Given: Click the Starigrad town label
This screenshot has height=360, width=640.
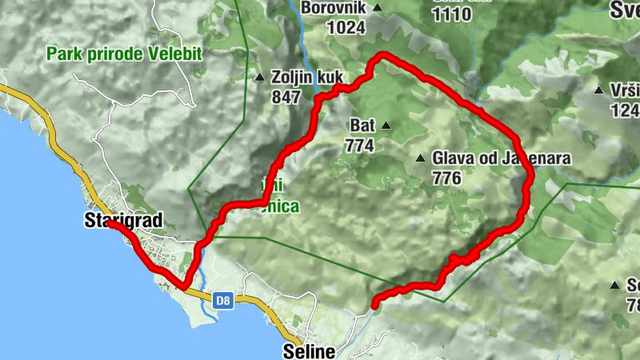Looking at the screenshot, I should [x=122, y=220].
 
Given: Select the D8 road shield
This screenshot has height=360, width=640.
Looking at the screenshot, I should [x=223, y=301].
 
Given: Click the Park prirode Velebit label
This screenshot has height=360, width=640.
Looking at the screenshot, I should [x=125, y=54].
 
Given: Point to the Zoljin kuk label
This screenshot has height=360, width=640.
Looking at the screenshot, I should [x=306, y=78].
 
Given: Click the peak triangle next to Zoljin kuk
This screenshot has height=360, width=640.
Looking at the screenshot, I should [x=259, y=78].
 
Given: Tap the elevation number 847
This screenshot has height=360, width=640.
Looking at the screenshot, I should [x=286, y=97].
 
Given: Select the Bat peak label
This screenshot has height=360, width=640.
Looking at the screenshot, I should [x=361, y=125].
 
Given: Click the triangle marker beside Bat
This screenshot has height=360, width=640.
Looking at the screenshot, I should [x=386, y=125].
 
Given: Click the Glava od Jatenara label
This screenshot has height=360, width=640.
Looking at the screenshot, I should [x=501, y=158].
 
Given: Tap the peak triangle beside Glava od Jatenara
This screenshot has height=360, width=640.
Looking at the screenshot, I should [x=420, y=158].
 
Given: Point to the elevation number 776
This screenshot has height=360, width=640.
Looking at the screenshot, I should [x=446, y=178].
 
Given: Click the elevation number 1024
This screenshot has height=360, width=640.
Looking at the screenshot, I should [x=346, y=27].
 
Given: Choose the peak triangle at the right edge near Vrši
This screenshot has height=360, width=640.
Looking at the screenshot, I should [x=598, y=90].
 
